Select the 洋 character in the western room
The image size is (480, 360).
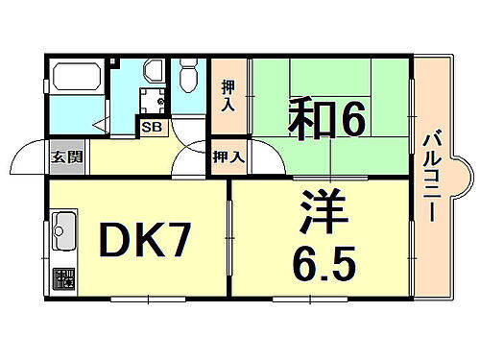(x=320, y=212)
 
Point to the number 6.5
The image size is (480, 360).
(x=320, y=257)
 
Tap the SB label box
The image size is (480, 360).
(x=152, y=126)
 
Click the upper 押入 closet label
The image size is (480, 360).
(x=226, y=94)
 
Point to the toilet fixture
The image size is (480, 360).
(x=188, y=78)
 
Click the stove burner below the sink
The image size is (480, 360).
(x=62, y=279)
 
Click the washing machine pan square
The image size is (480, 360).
(x=151, y=100)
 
